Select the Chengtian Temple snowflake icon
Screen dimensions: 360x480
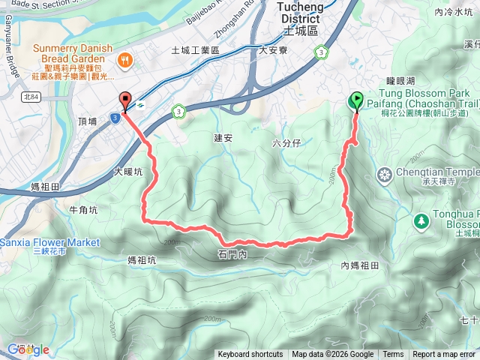[x=385, y=175]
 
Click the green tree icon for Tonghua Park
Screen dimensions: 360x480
[x=421, y=220]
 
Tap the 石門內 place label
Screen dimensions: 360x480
[x=232, y=255]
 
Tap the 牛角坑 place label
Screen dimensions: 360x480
[x=82, y=210]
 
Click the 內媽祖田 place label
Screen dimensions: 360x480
[x=359, y=265]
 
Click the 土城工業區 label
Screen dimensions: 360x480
[x=194, y=50]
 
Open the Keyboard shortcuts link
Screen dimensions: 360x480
[x=250, y=355]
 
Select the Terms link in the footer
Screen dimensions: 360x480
[x=393, y=355]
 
